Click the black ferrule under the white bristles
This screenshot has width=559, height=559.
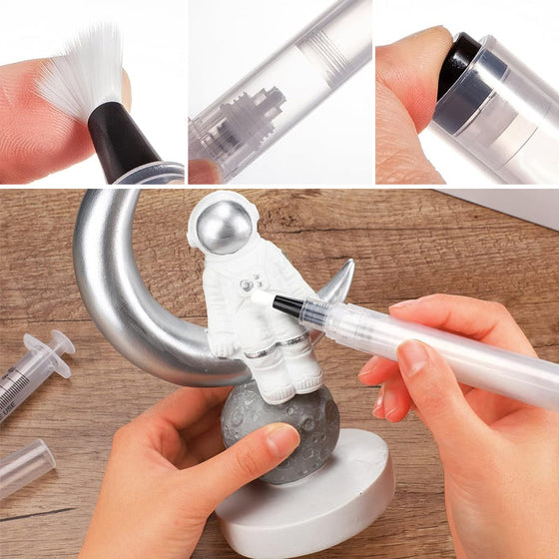click(120, 140)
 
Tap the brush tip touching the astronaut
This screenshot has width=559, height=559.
click(263, 296)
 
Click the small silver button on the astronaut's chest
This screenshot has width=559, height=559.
click(246, 285)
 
